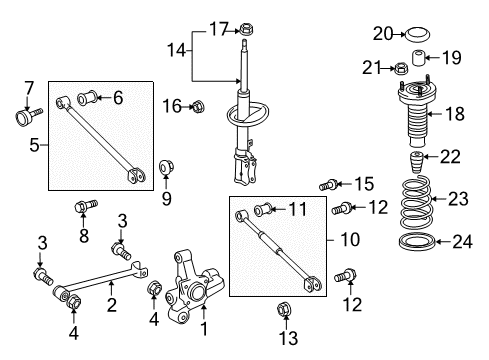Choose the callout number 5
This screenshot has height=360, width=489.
(x=36, y=144)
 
